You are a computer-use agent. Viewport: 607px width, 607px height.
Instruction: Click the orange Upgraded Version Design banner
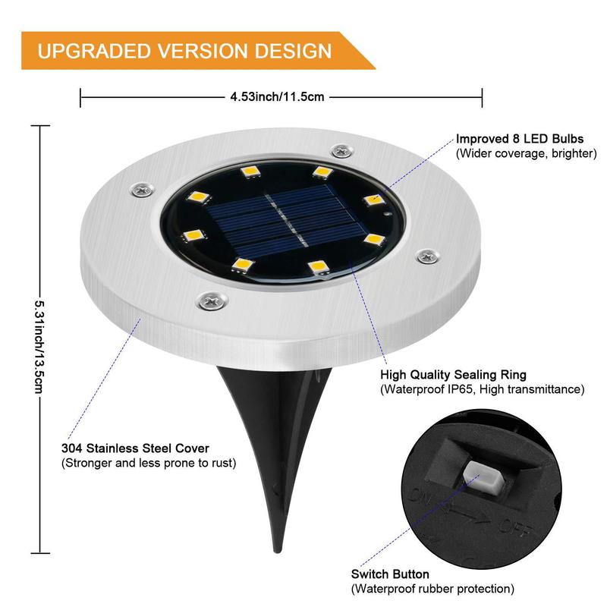click(x=190, y=51)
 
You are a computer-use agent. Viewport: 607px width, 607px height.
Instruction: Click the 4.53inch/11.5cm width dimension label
click(x=278, y=96)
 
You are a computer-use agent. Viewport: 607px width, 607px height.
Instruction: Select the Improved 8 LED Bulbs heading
click(x=520, y=139)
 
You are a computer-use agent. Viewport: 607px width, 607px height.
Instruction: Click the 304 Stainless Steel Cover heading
click(x=135, y=448)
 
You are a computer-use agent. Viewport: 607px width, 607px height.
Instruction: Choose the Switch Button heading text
click(x=390, y=574)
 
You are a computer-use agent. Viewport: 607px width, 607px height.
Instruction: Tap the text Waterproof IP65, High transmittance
click(x=482, y=389)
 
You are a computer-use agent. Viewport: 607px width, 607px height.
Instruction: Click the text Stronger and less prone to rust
click(x=149, y=463)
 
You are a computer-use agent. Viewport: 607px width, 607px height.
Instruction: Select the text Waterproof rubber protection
click(x=432, y=589)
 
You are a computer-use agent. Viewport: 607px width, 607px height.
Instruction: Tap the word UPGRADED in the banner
click(x=93, y=51)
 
